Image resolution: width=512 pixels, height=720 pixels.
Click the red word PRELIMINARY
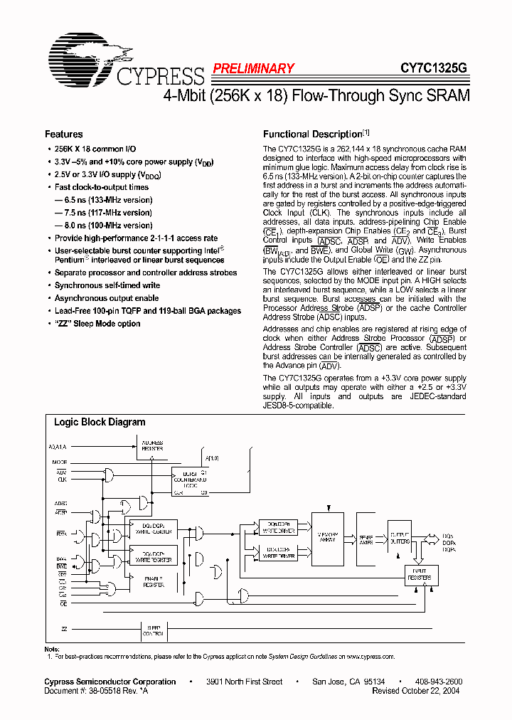tap(252, 69)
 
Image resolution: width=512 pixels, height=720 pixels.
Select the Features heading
tap(64, 134)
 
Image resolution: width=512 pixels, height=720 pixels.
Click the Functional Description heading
tap(313, 134)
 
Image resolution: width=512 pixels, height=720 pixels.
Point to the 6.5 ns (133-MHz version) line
tap(104, 201)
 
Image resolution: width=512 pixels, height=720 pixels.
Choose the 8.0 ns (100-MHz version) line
tap(104, 226)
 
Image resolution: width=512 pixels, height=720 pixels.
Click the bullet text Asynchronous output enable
tap(107, 298)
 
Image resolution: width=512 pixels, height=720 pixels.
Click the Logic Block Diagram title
tap(100, 422)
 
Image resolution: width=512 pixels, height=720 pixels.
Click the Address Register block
tap(152, 445)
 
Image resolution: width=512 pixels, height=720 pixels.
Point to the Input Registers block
tap(420, 575)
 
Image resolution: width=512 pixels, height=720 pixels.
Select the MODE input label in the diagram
tap(60, 461)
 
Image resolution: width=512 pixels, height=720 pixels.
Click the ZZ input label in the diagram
tap(64, 630)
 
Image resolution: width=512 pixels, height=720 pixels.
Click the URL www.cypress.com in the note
tap(369, 657)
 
